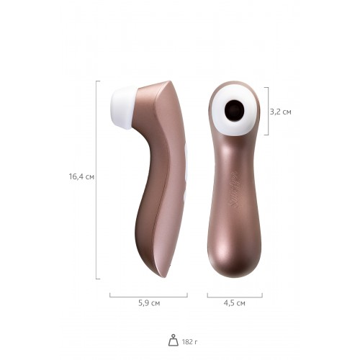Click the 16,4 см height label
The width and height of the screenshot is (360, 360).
(x=81, y=176)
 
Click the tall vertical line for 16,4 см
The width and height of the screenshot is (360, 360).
(x=97, y=180)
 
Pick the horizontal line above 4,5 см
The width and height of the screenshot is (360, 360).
(x=234, y=295)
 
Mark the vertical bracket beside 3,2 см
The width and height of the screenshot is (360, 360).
(x=268, y=112)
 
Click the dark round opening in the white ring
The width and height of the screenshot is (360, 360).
(x=235, y=110)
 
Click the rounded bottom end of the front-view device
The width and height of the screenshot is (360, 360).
(x=235, y=266)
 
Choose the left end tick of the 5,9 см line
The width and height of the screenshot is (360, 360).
(x=109, y=294)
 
